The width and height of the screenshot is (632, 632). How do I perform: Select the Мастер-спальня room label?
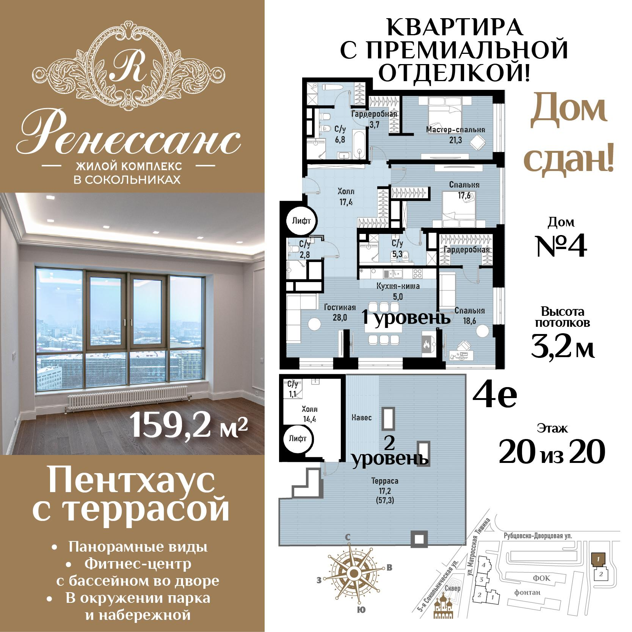pyautogui.click(x=455, y=130)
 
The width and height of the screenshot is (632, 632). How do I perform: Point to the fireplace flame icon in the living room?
pyautogui.click(x=427, y=345)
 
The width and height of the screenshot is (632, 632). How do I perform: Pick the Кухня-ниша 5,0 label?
pyautogui.click(x=398, y=291)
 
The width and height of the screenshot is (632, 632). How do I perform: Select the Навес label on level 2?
pyautogui.click(x=361, y=417)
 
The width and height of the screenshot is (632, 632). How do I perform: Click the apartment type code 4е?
pyautogui.click(x=494, y=395)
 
